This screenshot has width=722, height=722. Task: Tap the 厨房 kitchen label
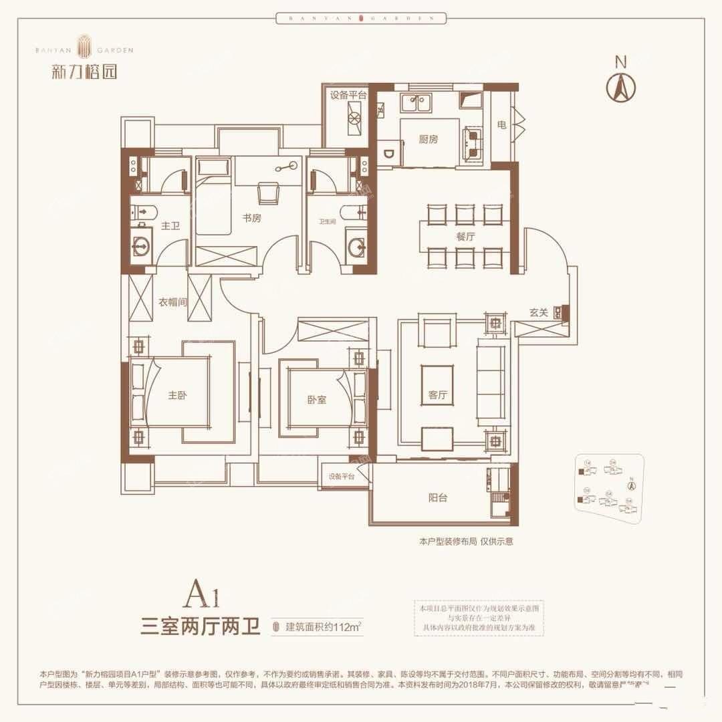(428, 140)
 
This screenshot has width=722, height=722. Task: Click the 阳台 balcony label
(438, 497)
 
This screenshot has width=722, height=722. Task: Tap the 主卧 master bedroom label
(177, 395)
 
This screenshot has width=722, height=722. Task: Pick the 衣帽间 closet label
(172, 302)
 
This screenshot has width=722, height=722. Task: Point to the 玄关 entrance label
(539, 313)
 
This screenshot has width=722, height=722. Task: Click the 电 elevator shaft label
(501, 125)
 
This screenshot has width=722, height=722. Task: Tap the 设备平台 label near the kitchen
(348, 95)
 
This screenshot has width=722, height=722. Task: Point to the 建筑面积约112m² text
(324, 626)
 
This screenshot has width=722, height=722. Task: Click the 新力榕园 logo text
(84, 71)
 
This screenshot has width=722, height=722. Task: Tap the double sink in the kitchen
(415, 103)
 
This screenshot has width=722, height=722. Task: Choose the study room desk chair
(269, 193)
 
